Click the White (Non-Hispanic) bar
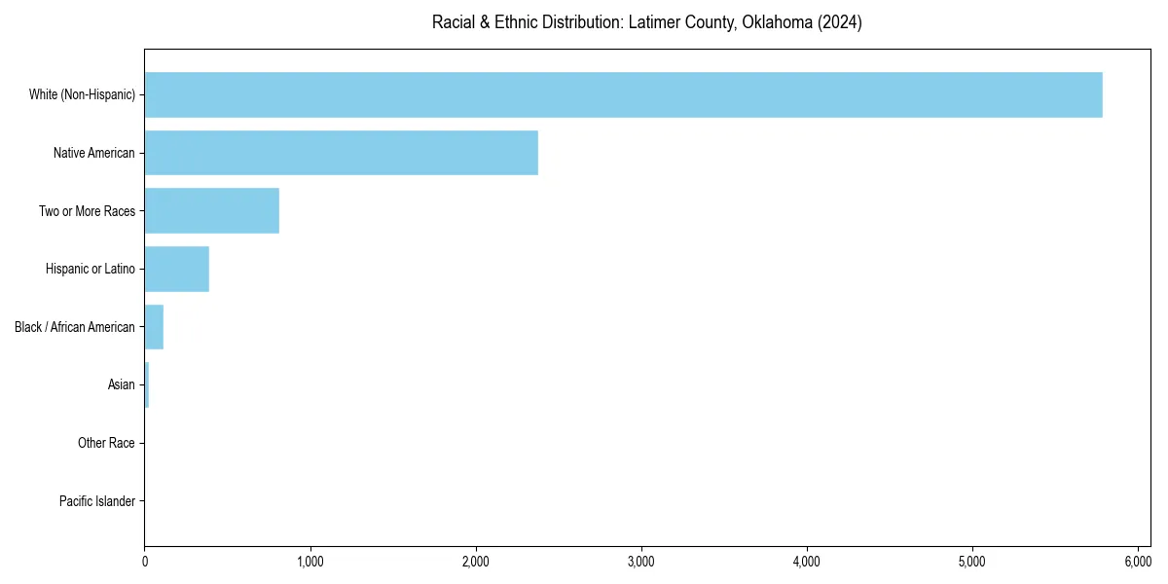click(623, 94)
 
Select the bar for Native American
click(341, 153)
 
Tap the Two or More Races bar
click(211, 210)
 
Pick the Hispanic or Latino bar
click(176, 269)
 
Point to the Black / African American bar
click(154, 327)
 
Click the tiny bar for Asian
click(147, 384)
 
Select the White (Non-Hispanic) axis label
click(82, 94)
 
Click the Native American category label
click(94, 153)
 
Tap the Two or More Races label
click(87, 210)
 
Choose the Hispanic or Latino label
click(91, 269)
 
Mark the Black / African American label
click(75, 327)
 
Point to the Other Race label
click(106, 443)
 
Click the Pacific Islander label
click(97, 501)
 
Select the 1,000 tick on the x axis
click(310, 562)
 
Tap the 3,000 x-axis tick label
click(641, 562)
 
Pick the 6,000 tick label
click(1138, 562)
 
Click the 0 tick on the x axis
click(145, 562)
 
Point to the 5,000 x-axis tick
click(972, 562)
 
